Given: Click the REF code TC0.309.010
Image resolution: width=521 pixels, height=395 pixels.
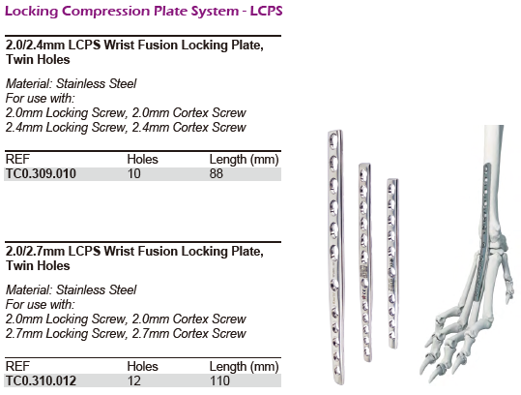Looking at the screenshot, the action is pyautogui.click(x=41, y=173).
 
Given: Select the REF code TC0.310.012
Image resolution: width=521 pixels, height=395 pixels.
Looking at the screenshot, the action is pyautogui.click(x=41, y=380).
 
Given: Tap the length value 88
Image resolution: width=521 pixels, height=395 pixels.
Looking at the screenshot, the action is pyautogui.click(x=216, y=173).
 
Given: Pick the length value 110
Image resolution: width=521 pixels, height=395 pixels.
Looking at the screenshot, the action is pyautogui.click(x=219, y=380).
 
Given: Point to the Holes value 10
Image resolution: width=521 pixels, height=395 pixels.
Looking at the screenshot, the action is pyautogui.click(x=134, y=173).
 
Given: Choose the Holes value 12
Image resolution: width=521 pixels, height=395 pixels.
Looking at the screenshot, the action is pyautogui.click(x=134, y=380).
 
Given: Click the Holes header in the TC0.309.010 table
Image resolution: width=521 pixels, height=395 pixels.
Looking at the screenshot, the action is pyautogui.click(x=142, y=160).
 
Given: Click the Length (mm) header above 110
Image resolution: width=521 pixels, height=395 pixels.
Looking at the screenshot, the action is pyautogui.click(x=244, y=366).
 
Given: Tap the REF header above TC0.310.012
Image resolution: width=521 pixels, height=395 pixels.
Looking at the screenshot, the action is pyautogui.click(x=17, y=366).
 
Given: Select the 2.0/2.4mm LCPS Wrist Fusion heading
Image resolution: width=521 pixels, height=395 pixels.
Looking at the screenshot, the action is pyautogui.click(x=134, y=52).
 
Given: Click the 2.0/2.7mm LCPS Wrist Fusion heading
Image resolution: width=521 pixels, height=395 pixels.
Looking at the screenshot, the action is pyautogui.click(x=134, y=258).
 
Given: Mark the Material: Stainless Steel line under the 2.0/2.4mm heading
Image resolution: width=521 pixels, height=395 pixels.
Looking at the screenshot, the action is pyautogui.click(x=72, y=83).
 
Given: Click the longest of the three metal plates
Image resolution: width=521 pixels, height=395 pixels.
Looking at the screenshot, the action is pyautogui.click(x=335, y=258).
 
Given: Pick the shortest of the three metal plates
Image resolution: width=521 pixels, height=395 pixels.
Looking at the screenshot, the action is pyautogui.click(x=392, y=263).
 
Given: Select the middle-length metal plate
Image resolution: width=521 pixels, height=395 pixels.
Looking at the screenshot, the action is pyautogui.click(x=364, y=262).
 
